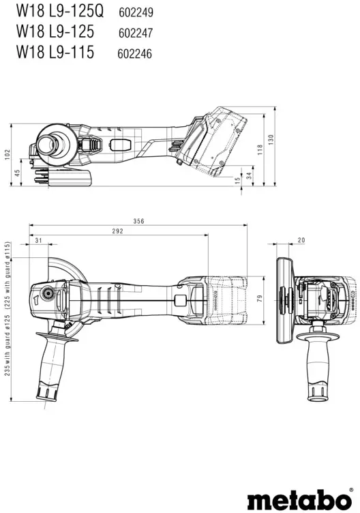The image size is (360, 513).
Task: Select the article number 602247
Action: [136, 33]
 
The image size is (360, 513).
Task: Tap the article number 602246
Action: [135, 54]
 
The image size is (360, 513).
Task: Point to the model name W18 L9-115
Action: [55, 51]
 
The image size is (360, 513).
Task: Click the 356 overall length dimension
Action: [138, 221]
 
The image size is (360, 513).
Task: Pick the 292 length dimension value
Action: [118, 231]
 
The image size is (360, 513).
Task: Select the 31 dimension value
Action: [39, 240]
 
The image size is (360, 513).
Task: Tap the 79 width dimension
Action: [260, 298]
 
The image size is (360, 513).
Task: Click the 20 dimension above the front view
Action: [301, 240]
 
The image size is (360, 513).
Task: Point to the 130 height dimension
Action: [271, 140]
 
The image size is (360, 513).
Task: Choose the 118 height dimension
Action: [260, 149]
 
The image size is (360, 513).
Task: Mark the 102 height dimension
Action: [7, 155]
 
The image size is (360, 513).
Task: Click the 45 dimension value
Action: [18, 173]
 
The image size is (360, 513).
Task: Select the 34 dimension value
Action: [250, 176]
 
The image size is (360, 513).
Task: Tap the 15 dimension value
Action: [238, 179]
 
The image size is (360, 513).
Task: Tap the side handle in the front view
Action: [318, 367]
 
